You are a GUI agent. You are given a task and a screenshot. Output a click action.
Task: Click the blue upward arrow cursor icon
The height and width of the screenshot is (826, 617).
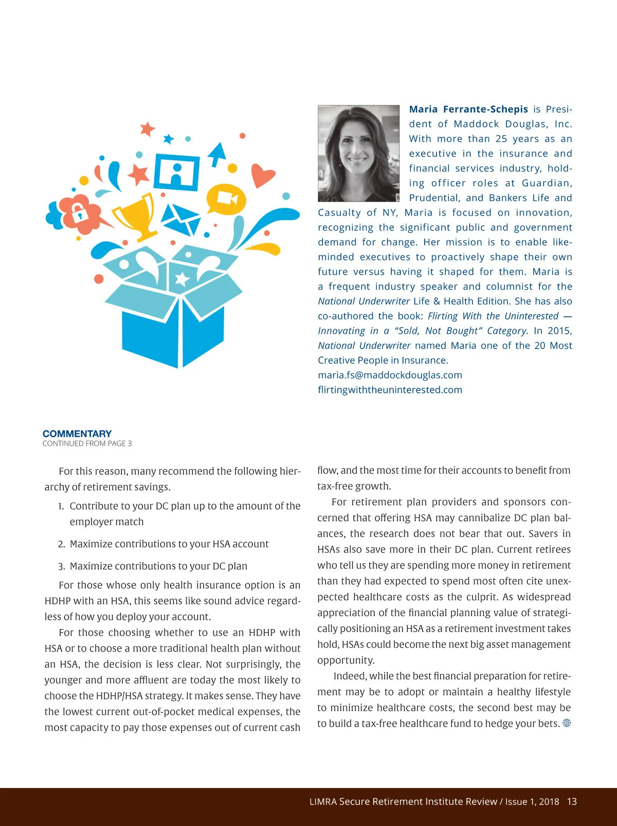218,153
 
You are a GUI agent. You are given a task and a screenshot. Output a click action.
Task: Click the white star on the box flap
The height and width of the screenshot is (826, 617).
183,279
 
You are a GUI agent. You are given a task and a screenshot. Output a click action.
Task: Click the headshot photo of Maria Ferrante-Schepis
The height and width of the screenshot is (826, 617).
358,153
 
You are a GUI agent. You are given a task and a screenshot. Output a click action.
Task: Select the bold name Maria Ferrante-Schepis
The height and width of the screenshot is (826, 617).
468,109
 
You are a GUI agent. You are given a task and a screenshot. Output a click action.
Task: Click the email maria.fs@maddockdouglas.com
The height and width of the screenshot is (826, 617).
390,375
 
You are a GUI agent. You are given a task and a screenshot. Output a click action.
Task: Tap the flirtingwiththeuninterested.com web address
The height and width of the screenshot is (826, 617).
390,390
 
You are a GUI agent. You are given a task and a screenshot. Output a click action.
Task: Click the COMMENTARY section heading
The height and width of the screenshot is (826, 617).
77,434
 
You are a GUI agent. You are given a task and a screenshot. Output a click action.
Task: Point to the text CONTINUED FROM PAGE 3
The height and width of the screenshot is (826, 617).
87,443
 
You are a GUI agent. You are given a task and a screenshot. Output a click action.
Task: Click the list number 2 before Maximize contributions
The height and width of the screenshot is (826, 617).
61,544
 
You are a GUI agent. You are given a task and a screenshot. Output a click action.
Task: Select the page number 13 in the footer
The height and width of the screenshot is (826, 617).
572,801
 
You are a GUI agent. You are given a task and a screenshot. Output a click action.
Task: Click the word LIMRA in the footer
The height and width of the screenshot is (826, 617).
323,801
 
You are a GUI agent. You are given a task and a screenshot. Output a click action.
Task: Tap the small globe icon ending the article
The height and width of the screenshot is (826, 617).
567,723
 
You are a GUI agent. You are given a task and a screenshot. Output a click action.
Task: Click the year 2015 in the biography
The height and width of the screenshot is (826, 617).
559,331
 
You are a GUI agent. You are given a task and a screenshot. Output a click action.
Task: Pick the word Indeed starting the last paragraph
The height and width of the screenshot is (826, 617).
349,676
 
